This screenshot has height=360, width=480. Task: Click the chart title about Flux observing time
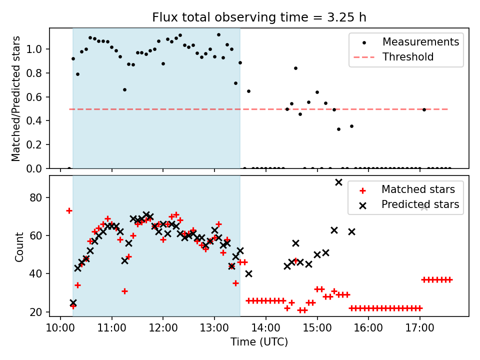click(x=259, y=17)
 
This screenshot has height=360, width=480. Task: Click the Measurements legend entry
click(x=420, y=42)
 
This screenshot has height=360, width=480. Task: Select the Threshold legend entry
click(x=408, y=57)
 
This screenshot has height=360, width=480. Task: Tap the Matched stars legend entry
click(x=418, y=189)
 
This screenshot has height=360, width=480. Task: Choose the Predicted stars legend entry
click(x=420, y=204)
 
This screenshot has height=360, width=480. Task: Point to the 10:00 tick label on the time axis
click(x=60, y=330)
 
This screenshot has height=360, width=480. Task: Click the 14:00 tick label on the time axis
click(x=265, y=330)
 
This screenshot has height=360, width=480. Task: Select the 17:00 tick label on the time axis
click(x=419, y=330)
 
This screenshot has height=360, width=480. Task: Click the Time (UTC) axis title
click(x=259, y=342)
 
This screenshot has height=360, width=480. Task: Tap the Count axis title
click(x=19, y=246)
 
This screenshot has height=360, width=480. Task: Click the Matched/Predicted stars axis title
click(x=16, y=98)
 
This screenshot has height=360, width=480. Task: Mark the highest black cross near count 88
click(x=338, y=182)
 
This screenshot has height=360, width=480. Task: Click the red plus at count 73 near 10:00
click(x=69, y=210)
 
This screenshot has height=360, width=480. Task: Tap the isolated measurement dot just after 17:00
click(x=424, y=109)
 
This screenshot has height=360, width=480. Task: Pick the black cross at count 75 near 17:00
click(x=424, y=207)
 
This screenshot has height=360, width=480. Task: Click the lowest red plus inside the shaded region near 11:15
click(x=124, y=291)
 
